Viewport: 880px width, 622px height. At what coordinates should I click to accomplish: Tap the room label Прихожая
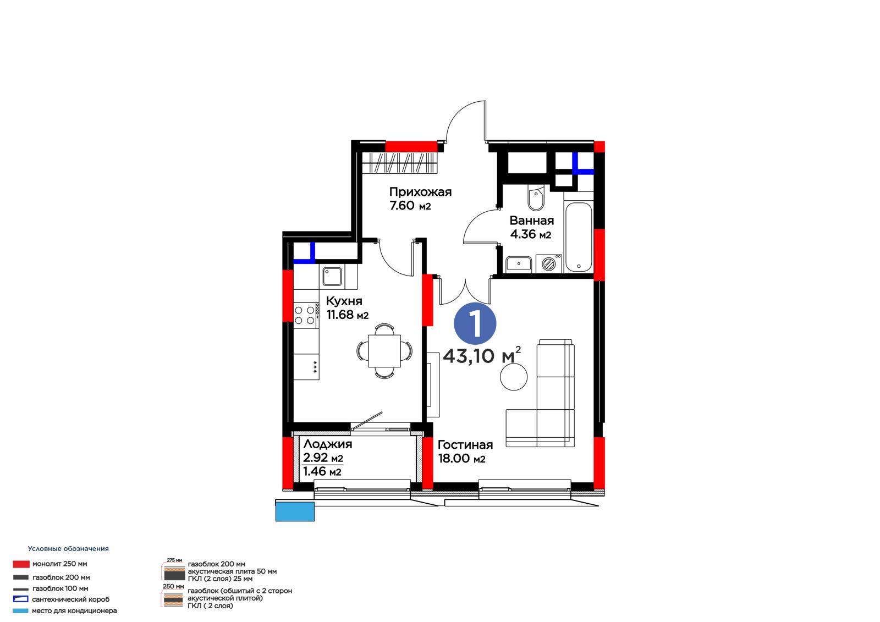coord(420,192)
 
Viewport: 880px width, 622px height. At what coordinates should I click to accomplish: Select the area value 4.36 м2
coord(530,234)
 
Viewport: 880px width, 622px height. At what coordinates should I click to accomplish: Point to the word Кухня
coord(344,301)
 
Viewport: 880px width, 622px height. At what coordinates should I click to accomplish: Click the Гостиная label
coord(465,444)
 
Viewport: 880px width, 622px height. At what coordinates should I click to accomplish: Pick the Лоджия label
coord(328,444)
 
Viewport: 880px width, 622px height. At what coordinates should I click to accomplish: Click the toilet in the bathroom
coord(536,199)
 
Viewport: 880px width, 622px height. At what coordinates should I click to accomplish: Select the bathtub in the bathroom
coord(578,237)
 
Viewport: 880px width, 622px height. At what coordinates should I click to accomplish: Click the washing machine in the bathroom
coord(549,263)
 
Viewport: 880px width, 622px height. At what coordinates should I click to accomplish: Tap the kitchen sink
coord(332,276)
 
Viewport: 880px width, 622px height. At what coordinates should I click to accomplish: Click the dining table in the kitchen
coord(384,351)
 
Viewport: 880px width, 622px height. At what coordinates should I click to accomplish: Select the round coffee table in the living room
coord(514,376)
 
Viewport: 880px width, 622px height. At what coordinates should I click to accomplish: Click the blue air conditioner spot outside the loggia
coord(295,511)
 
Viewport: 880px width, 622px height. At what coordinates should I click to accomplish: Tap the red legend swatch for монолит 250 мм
coord(21,564)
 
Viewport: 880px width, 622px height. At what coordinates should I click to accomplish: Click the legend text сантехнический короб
coord(71,599)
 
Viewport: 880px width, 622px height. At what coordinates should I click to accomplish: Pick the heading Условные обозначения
coord(68,548)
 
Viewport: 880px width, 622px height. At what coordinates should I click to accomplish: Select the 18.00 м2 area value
coord(461,458)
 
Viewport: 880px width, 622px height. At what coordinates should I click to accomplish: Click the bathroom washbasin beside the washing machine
coord(519,265)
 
